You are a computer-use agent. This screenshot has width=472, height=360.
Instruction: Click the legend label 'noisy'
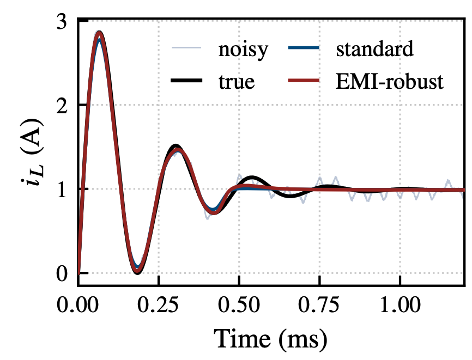pyautogui.click(x=243, y=50)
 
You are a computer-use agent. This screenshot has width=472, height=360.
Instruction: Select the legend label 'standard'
pyautogui.click(x=374, y=49)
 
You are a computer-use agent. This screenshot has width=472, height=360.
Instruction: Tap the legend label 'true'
pyautogui.click(x=237, y=82)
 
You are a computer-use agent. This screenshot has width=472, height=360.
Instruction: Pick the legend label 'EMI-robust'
pyautogui.click(x=389, y=82)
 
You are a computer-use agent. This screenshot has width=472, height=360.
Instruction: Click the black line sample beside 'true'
pyautogui.click(x=186, y=80)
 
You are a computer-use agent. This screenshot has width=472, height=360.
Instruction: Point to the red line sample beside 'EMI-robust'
pyautogui.click(x=304, y=80)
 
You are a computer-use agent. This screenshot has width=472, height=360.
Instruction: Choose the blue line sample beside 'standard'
pyautogui.click(x=304, y=47)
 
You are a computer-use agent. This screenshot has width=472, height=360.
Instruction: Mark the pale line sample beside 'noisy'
pyautogui.click(x=186, y=47)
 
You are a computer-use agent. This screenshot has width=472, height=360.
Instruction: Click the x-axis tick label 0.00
pyautogui.click(x=77, y=305)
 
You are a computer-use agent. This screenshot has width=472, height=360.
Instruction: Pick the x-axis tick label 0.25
pyautogui.click(x=158, y=305)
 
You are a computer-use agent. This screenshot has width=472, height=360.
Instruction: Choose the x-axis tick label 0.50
pyautogui.click(x=239, y=305)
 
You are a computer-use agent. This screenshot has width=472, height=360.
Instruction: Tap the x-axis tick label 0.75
pyautogui.click(x=319, y=305)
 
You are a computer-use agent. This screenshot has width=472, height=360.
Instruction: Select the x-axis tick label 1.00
pyautogui.click(x=400, y=305)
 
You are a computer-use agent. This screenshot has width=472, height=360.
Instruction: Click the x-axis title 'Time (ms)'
pyautogui.click(x=270, y=339)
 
